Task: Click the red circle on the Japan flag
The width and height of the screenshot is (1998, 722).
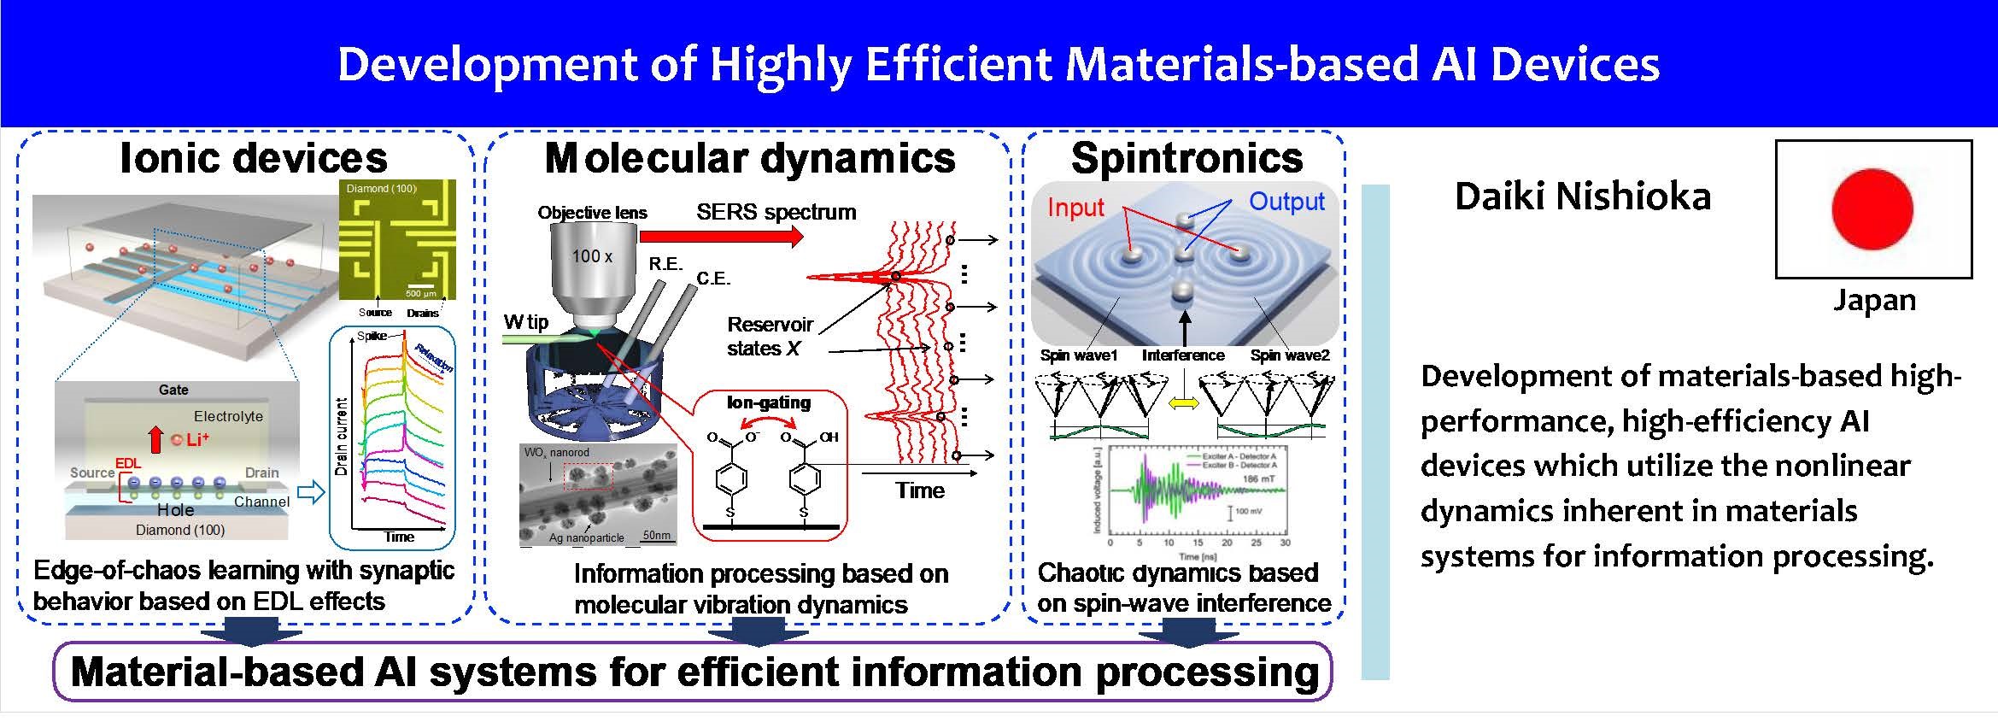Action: pyautogui.click(x=1872, y=209)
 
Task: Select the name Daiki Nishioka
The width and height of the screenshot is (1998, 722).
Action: pyautogui.click(x=1583, y=197)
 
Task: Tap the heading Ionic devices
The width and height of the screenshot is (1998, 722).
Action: pyautogui.click(x=254, y=158)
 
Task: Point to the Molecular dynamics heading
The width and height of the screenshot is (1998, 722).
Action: pyautogui.click(x=750, y=158)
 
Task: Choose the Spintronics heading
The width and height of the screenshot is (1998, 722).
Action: pyautogui.click(x=1186, y=158)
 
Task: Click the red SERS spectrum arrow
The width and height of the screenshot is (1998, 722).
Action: pyautogui.click(x=721, y=237)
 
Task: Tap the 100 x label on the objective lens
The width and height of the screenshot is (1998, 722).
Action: pyautogui.click(x=592, y=256)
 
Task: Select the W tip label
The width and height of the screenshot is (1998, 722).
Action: pyautogui.click(x=525, y=322)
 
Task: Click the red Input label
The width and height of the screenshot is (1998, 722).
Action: pyautogui.click(x=1075, y=208)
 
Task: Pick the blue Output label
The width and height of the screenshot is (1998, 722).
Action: pyautogui.click(x=1286, y=202)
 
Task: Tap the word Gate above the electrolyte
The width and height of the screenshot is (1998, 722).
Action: pyautogui.click(x=173, y=390)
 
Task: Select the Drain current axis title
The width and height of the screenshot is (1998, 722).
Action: pyautogui.click(x=342, y=437)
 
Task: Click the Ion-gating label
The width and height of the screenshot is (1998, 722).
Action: pyautogui.click(x=768, y=402)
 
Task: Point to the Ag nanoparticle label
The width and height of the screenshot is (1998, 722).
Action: pyautogui.click(x=586, y=537)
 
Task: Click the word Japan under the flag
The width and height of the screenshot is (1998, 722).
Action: pyautogui.click(x=1874, y=301)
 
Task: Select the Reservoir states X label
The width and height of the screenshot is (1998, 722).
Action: pyautogui.click(x=769, y=336)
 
